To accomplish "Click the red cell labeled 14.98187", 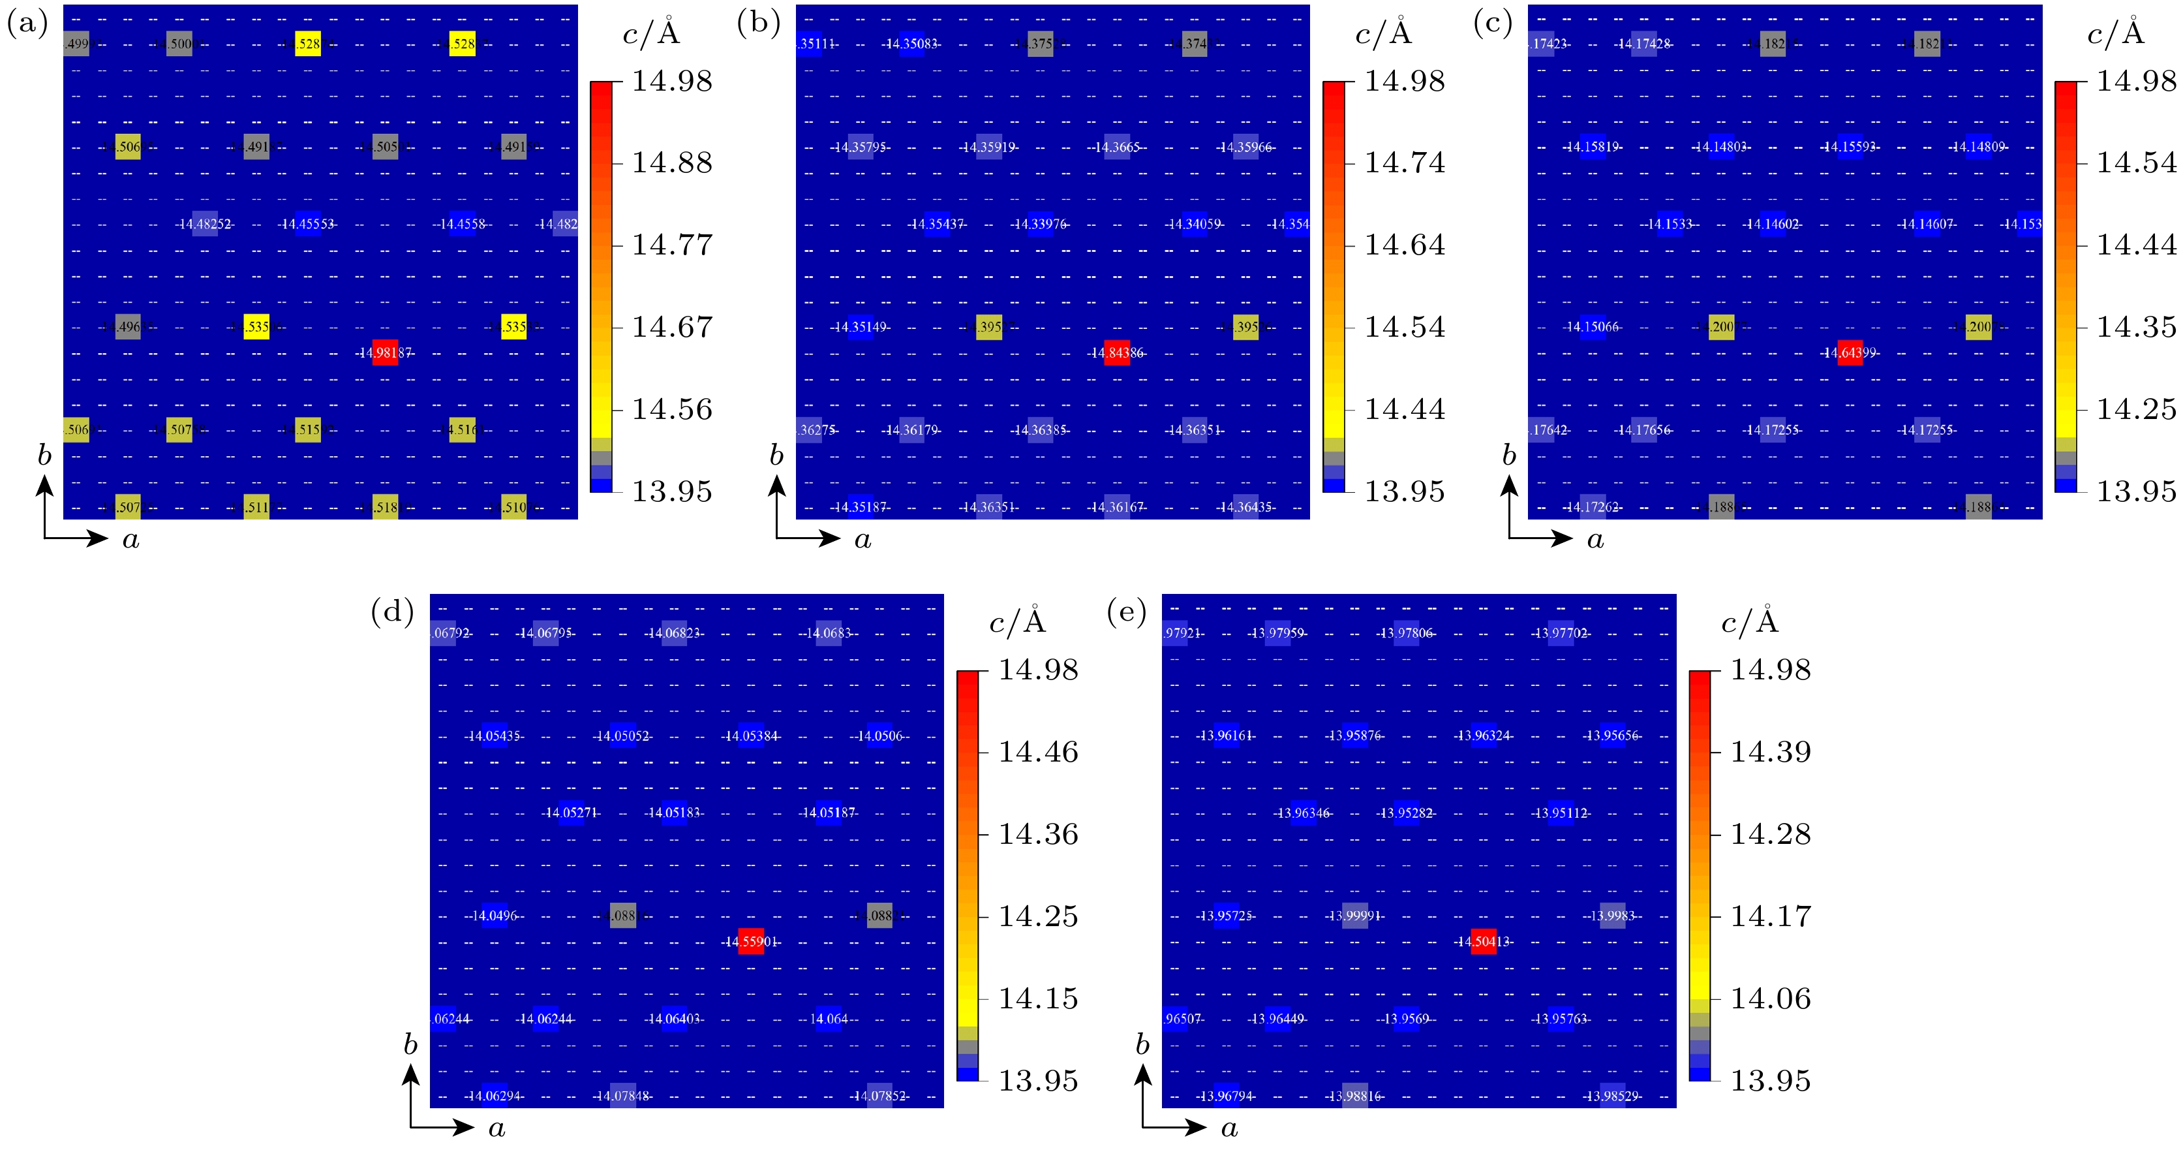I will click(x=385, y=352).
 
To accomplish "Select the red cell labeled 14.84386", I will click(x=1117, y=352).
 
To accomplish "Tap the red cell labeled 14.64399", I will click(x=1850, y=352).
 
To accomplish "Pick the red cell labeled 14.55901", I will click(x=751, y=942).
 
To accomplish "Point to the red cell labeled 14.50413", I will click(x=1483, y=942).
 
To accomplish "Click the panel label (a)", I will click(x=27, y=23).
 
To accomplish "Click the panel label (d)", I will click(x=392, y=611).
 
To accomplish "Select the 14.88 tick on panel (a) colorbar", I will click(x=672, y=163).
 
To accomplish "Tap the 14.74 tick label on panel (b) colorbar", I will click(x=1404, y=163).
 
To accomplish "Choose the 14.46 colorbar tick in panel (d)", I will click(x=1038, y=752).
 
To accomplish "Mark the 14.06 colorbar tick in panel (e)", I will click(x=1770, y=999).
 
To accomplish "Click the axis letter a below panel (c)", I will click(x=1596, y=540).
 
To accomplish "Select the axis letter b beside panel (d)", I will click(x=410, y=1045).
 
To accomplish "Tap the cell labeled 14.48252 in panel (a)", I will click(x=204, y=224).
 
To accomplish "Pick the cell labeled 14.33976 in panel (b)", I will click(x=1040, y=224).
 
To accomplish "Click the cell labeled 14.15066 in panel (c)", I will click(x=1593, y=327).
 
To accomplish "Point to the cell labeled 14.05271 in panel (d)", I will click(x=571, y=813).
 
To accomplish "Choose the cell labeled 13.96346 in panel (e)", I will click(x=1304, y=813).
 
